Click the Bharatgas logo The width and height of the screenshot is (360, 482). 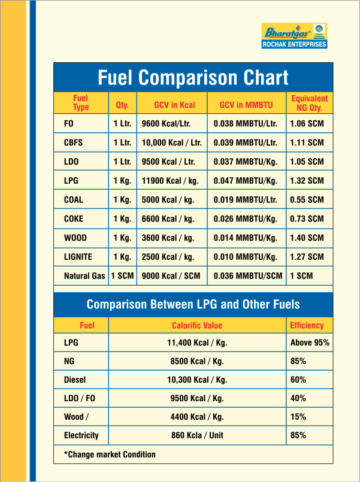294,31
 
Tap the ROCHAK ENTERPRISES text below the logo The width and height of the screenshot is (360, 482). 294,44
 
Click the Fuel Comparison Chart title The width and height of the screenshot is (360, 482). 193,77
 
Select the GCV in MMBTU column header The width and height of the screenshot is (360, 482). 246,105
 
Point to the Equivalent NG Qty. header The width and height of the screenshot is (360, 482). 309,103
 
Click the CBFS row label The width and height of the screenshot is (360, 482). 73,143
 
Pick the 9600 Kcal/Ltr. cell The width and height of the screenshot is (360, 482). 166,123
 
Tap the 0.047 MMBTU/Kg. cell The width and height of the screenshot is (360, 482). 246,181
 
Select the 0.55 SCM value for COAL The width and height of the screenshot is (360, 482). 307,200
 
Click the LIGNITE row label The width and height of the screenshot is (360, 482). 78,257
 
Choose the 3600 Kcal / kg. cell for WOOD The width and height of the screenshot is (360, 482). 168,238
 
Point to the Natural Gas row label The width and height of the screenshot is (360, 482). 84,276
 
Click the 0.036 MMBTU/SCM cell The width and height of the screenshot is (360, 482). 248,276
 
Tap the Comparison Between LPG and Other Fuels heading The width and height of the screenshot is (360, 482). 193,304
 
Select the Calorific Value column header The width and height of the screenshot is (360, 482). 197,325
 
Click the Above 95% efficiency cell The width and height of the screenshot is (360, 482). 310,342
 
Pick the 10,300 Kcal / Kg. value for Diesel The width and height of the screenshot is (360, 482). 197,380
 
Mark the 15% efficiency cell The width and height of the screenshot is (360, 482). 298,417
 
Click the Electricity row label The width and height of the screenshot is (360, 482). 81,435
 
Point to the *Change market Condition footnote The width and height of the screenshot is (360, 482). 110,454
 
